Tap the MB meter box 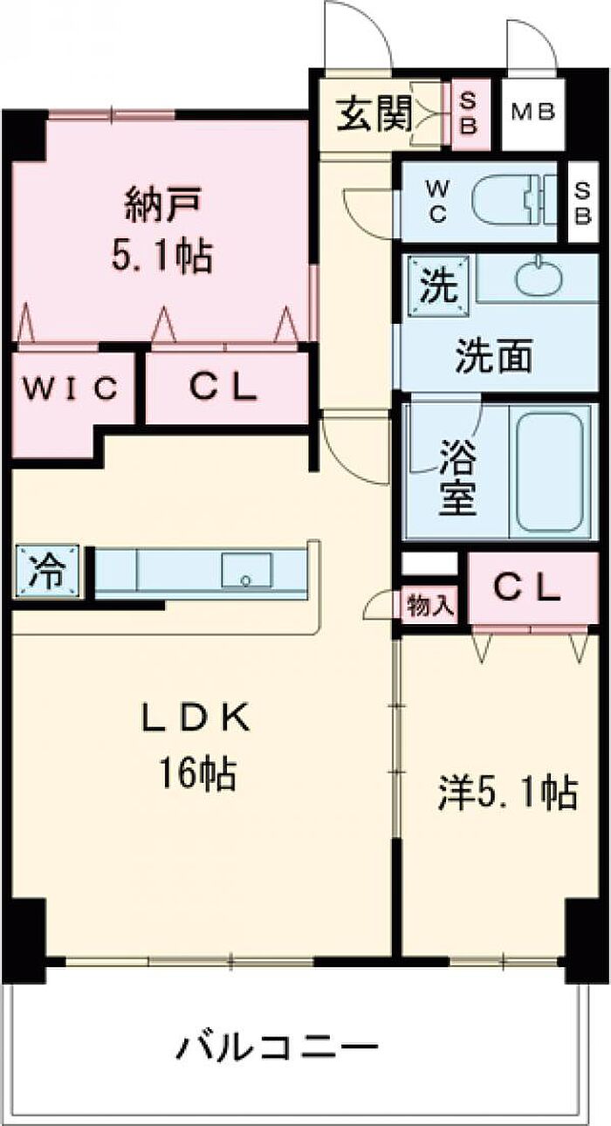pyautogui.click(x=533, y=113)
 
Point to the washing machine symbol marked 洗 pyautogui.click(x=434, y=282)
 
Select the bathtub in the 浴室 pyautogui.click(x=550, y=471)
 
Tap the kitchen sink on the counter pyautogui.click(x=246, y=573)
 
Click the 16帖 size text pyautogui.click(x=196, y=772)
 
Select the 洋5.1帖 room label pyautogui.click(x=506, y=793)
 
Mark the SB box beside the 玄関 pyautogui.click(x=468, y=113)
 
